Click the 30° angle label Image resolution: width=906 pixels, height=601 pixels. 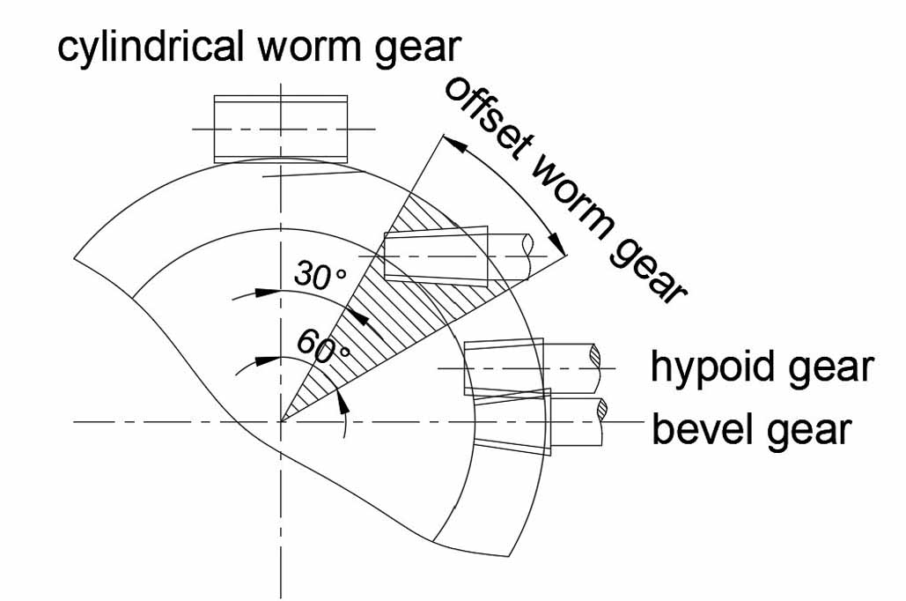[319, 276]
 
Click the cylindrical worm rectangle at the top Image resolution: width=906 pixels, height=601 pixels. [281, 129]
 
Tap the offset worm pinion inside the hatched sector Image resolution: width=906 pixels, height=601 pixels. [437, 256]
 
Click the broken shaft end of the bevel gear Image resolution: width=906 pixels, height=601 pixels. [602, 410]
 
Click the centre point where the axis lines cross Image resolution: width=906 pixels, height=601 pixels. [281, 422]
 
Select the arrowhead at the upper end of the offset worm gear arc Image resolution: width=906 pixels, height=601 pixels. [448, 142]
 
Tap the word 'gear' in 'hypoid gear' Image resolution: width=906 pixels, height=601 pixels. [831, 367]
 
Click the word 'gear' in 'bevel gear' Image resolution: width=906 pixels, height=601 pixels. [811, 430]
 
